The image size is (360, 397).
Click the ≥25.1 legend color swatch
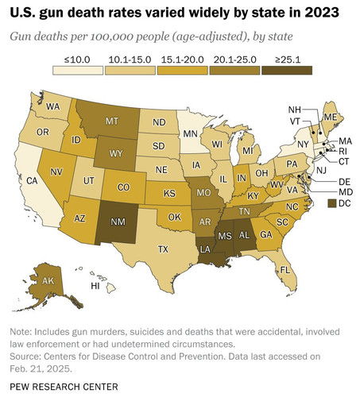click(287, 71)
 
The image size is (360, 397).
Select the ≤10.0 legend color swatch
click(78, 71)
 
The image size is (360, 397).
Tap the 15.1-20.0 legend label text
click(183, 60)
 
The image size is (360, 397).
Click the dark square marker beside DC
click(332, 203)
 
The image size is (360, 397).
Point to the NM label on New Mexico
click(118, 222)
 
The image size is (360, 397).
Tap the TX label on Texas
click(163, 249)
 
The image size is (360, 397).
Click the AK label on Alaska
click(48, 281)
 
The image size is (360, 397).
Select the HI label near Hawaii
click(95, 286)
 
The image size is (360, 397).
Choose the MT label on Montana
click(112, 121)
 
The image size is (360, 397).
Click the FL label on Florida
click(285, 270)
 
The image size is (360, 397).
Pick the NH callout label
click(294, 110)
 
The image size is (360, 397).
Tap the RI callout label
click(343, 151)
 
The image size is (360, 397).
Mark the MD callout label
click(346, 192)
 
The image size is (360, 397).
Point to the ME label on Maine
click(331, 117)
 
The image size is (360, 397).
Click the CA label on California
click(32, 181)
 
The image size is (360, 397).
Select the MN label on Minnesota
click(191, 133)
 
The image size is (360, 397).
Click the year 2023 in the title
click(321, 12)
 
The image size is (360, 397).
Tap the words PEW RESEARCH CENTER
click(64, 387)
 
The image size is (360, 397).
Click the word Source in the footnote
click(25, 357)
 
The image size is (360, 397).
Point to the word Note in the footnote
click(20, 332)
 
